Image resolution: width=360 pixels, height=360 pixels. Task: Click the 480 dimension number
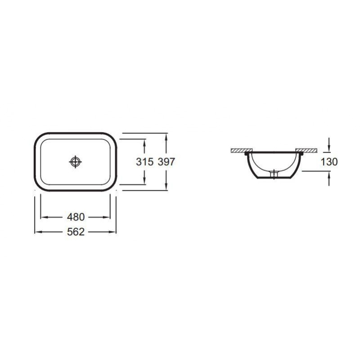(76, 217)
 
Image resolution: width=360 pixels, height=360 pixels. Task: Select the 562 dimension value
(76, 232)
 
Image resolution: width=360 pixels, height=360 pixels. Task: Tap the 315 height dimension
(144, 162)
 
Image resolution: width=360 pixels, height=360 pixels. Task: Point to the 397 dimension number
(166, 162)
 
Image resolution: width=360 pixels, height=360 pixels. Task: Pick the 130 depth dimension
(329, 162)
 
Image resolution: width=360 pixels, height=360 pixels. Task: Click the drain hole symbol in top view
(75, 162)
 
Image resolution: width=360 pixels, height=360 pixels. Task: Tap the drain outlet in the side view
(274, 174)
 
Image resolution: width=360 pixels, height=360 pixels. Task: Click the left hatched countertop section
(242, 150)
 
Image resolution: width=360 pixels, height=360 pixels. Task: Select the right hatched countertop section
(306, 150)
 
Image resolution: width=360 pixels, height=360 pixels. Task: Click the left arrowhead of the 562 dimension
(38, 232)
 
